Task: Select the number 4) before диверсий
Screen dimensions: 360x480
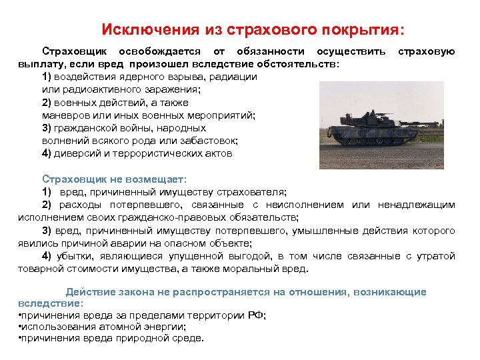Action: click(x=47, y=153)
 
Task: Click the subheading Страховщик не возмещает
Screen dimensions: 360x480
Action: click(x=114, y=179)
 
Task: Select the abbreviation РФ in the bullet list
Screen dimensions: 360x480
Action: click(x=255, y=315)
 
